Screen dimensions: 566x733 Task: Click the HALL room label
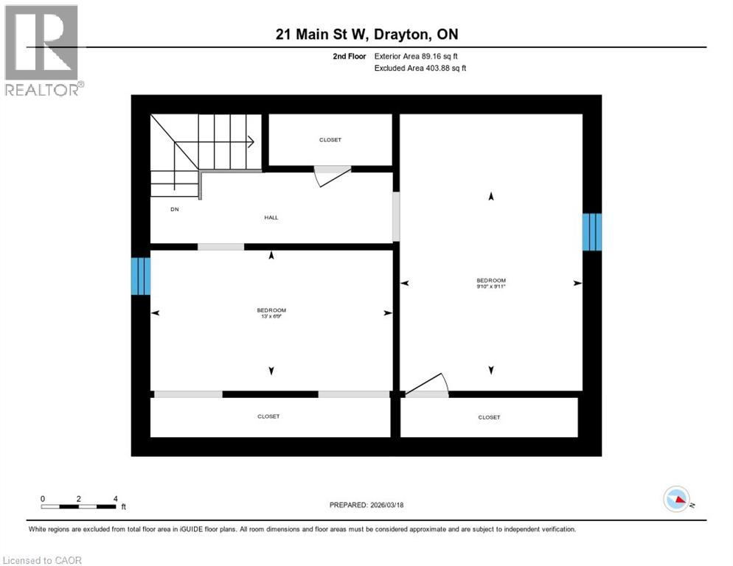pyautogui.click(x=271, y=217)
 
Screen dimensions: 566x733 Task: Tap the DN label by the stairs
pyautogui.click(x=175, y=209)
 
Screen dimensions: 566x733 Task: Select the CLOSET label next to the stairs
pyautogui.click(x=330, y=140)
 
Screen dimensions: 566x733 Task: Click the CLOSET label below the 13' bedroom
pyautogui.click(x=268, y=416)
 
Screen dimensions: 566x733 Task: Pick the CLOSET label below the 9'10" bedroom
pyautogui.click(x=489, y=417)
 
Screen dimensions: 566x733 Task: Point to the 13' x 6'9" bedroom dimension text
pyautogui.click(x=271, y=317)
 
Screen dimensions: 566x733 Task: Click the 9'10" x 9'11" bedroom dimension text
pyautogui.click(x=491, y=287)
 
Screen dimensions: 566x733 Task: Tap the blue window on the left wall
pyautogui.click(x=141, y=276)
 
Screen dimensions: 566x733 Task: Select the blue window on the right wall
pyautogui.click(x=592, y=232)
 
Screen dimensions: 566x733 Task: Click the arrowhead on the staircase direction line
pyautogui.click(x=251, y=141)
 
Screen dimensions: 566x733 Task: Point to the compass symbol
pyautogui.click(x=677, y=499)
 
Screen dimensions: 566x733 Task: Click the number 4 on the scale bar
pyautogui.click(x=115, y=498)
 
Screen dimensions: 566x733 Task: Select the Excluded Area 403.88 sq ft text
pyautogui.click(x=420, y=68)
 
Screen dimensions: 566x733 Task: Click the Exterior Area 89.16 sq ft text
pyautogui.click(x=420, y=56)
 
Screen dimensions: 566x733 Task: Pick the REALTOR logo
pyautogui.click(x=43, y=50)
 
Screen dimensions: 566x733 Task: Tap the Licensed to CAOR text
pyautogui.click(x=43, y=560)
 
